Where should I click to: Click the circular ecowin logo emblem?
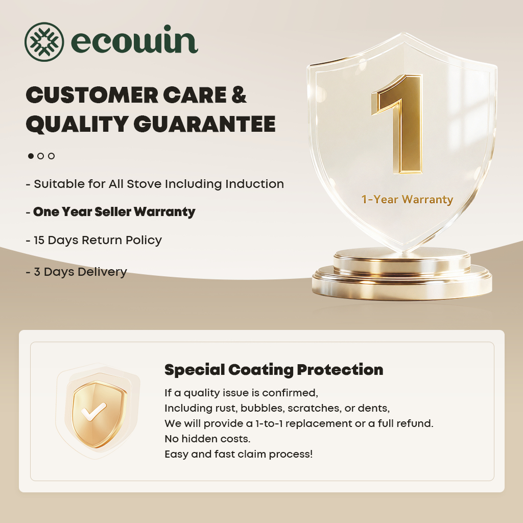coord(44,42)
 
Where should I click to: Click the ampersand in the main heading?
coord(239,94)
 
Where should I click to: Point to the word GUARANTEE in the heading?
coord(204,124)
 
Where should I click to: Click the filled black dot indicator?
coord(31,156)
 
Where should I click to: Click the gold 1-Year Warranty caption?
coord(407,199)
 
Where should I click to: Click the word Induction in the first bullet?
coord(254,184)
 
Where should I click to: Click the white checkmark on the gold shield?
coord(94,412)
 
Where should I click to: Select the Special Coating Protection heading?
coord(274,370)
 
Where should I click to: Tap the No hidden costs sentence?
coord(207,439)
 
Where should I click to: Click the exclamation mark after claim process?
coord(311,454)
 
